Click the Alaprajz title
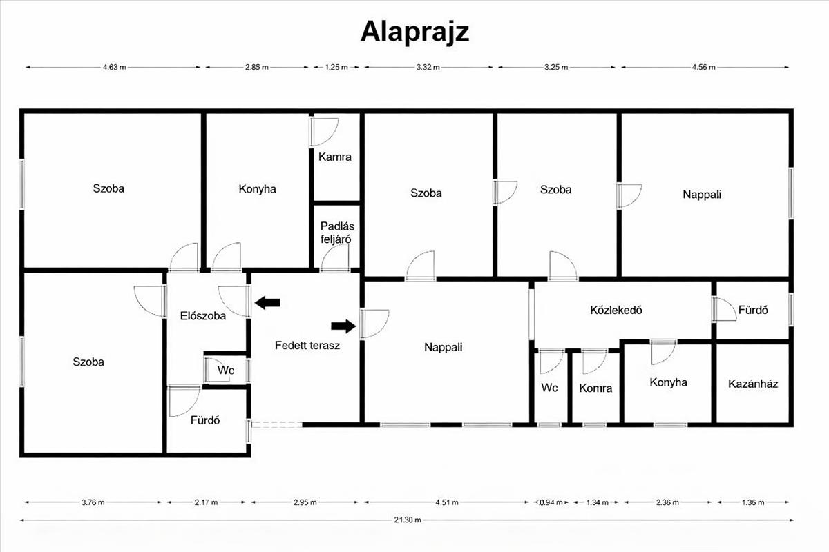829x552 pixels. [x=414, y=32]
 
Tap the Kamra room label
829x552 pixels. [x=335, y=157]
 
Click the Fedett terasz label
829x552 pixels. [x=307, y=346]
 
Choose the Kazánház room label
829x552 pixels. [x=753, y=383]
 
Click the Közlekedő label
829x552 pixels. [x=617, y=310]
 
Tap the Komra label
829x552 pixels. [x=595, y=388]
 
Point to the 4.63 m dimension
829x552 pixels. [x=114, y=67]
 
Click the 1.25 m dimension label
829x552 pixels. [x=336, y=67]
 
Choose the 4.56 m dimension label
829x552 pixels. [x=703, y=67]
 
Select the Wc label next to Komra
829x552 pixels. [x=550, y=388]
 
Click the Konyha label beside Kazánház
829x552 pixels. [x=668, y=382]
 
